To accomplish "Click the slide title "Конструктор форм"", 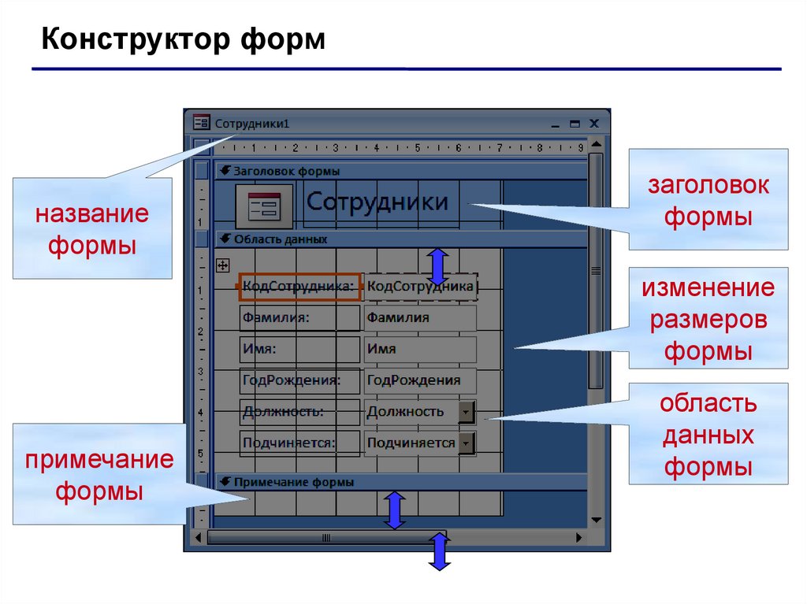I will click(183, 39).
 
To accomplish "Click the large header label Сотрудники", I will click(377, 202).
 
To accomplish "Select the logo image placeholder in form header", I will click(264, 206).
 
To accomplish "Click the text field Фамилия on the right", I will click(419, 318).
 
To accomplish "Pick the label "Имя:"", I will click(299, 349).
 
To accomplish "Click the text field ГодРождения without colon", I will click(419, 380).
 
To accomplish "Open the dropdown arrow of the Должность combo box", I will click(467, 412).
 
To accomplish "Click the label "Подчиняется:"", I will click(299, 443).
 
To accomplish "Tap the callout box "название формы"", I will click(91, 228).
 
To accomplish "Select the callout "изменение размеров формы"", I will click(708, 319).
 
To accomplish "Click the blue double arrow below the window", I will click(440, 551).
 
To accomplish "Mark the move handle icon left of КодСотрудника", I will click(222, 265).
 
